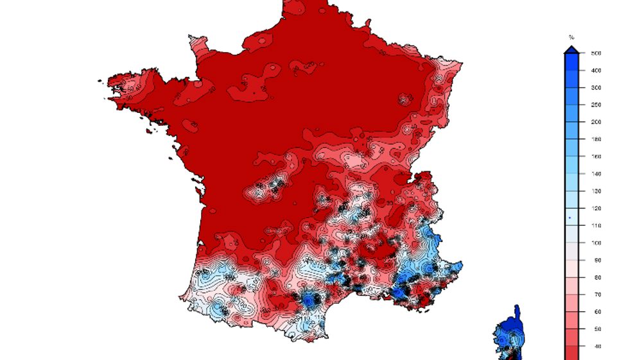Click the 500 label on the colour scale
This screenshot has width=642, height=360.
tap(596, 53)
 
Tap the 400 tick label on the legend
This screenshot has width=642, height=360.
tap(596, 71)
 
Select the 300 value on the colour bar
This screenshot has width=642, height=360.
tap(596, 88)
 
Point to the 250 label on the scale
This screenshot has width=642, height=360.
tap(596, 105)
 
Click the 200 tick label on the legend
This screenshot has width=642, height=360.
tap(596, 122)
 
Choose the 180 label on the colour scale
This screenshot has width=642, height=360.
tap(596, 139)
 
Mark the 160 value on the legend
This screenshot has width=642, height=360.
tap(596, 157)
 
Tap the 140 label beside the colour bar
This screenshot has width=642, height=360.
tap(596, 174)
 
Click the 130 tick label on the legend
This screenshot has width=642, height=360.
tap(596, 191)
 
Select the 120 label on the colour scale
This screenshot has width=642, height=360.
tap(596, 209)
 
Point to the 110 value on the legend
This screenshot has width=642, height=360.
tap(596, 226)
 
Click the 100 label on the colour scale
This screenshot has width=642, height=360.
tap(596, 243)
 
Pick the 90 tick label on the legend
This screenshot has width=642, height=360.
tap(596, 261)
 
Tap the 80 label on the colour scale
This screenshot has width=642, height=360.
tap(596, 278)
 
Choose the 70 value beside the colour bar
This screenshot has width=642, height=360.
tap(596, 295)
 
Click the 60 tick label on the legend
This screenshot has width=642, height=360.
tap(596, 313)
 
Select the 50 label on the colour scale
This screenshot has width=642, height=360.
tap(596, 329)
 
